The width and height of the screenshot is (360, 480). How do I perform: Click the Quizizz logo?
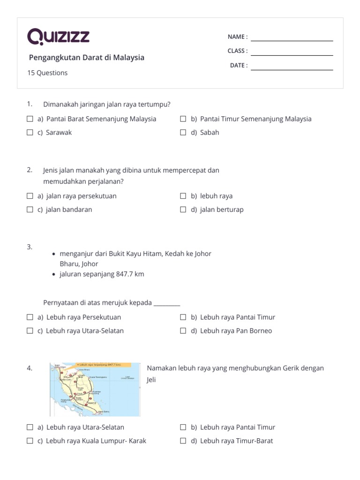[x=59, y=37]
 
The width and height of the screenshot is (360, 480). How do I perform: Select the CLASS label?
[x=238, y=51]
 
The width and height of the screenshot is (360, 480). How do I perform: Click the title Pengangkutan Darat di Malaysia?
[x=87, y=58]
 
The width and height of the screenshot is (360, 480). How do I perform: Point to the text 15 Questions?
[x=47, y=73]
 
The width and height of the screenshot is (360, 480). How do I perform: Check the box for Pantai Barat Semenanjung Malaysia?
[x=30, y=119]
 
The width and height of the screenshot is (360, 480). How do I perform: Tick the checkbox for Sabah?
[x=183, y=133]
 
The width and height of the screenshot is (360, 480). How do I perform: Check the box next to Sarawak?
[x=30, y=133]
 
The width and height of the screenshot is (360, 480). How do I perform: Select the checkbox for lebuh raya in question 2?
[x=183, y=196]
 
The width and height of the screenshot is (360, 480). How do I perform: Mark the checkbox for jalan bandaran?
[x=30, y=210]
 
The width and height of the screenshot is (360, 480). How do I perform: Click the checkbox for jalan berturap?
[x=183, y=210]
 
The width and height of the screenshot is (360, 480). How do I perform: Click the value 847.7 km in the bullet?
[x=130, y=274]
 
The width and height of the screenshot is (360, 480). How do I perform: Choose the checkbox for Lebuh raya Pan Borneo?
[x=183, y=331]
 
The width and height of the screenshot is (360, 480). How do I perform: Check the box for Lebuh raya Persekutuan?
[x=30, y=317]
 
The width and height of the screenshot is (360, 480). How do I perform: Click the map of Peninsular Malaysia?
[x=95, y=389]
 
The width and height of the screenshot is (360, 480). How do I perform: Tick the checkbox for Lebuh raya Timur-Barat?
[x=183, y=441]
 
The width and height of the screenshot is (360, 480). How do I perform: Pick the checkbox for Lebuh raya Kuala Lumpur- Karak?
[x=30, y=441]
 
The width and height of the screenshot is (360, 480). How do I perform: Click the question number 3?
[x=30, y=247]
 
